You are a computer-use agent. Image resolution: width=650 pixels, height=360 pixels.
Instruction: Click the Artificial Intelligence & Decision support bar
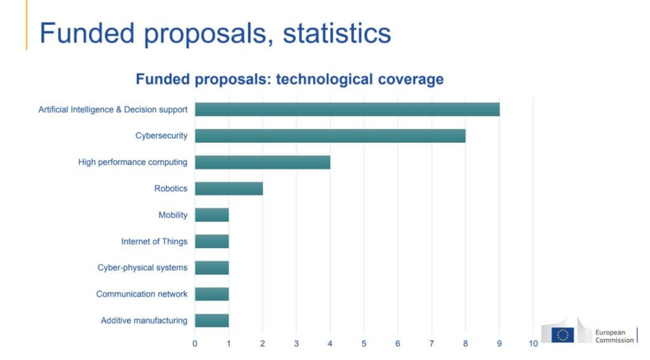(347, 109)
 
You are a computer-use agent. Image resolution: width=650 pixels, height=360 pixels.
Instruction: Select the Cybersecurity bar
(330, 136)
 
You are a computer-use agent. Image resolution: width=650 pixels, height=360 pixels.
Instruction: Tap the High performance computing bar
(262, 162)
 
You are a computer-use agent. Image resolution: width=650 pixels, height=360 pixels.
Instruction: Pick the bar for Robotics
(229, 189)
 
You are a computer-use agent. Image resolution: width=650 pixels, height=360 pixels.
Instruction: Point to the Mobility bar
(211, 215)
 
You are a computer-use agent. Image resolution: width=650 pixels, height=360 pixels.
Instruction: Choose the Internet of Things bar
(211, 241)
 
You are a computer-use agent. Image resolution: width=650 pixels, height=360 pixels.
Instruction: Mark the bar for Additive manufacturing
(211, 320)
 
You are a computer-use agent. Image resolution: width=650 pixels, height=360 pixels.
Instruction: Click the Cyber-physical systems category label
(142, 267)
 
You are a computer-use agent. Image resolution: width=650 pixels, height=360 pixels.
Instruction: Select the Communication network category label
(142, 294)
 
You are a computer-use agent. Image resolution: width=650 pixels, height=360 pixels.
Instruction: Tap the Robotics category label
(171, 189)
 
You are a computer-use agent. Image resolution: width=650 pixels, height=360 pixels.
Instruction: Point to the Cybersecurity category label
(161, 136)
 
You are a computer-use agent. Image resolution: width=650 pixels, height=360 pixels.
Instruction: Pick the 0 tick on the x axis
(195, 343)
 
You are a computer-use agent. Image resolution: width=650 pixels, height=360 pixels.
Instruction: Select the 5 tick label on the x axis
(364, 343)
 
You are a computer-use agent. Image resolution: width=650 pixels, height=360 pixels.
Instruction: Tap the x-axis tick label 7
(432, 343)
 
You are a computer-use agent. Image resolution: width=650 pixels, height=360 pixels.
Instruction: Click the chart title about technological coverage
(289, 80)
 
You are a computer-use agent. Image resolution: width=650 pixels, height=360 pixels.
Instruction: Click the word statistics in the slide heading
(337, 33)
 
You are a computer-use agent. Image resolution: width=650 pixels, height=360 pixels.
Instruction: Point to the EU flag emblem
(562, 335)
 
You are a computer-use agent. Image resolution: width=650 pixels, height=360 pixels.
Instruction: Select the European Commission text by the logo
(614, 336)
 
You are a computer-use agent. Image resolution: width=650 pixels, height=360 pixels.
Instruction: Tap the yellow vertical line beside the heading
(27, 25)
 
